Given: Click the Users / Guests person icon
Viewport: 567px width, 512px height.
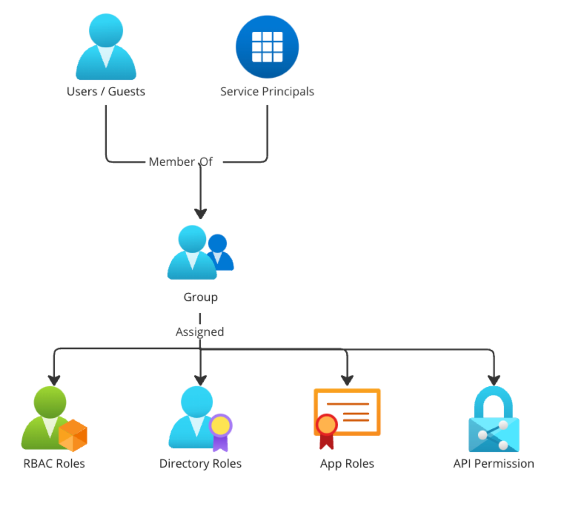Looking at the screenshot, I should tap(106, 48).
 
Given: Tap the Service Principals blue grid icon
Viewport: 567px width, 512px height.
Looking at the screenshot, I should tap(267, 47).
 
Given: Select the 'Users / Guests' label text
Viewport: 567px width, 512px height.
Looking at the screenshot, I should tap(106, 92).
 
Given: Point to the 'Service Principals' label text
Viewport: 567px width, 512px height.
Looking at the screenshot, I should tap(267, 92).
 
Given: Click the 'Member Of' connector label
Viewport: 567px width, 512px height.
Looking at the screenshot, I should tap(180, 162).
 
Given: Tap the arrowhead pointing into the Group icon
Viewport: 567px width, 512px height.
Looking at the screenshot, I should tap(200, 214).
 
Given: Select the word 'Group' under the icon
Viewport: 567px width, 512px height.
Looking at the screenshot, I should tap(200, 297).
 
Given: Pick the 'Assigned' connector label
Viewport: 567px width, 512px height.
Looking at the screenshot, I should tap(200, 332).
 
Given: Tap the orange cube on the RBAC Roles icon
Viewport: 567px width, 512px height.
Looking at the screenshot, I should tap(73, 435).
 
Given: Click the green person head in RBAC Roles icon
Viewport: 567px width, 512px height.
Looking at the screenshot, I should tap(50, 401).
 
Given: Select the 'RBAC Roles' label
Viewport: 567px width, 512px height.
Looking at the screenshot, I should tap(54, 464).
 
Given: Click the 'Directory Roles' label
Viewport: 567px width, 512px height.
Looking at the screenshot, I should tap(200, 464).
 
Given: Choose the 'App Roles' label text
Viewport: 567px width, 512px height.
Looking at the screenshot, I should tap(347, 464).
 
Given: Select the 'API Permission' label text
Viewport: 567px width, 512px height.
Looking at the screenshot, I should tap(494, 464).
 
